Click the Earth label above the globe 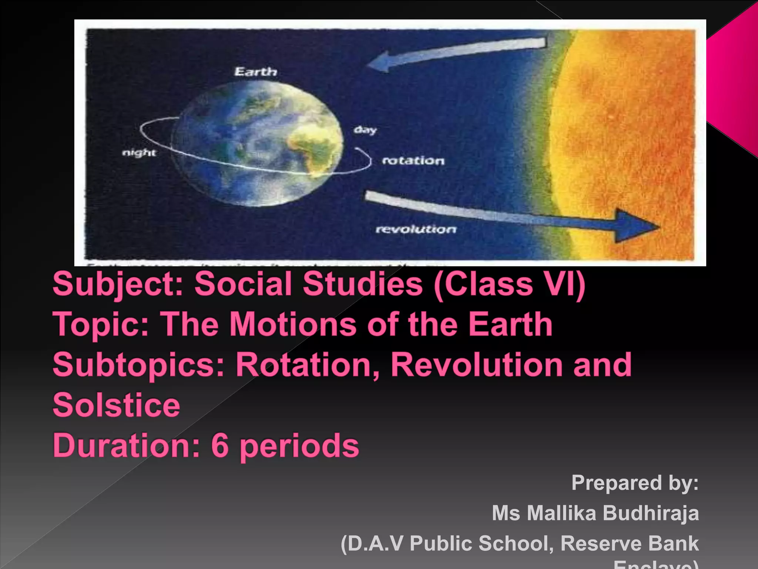pyautogui.click(x=256, y=71)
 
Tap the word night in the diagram pyautogui.click(x=139, y=153)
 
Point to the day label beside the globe pyautogui.click(x=365, y=130)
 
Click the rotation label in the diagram pyautogui.click(x=413, y=161)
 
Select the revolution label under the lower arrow pyautogui.click(x=416, y=229)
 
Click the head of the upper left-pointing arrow pyautogui.click(x=379, y=61)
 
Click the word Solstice pyautogui.click(x=117, y=405)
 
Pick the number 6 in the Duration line pyautogui.click(x=220, y=445)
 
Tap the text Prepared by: pyautogui.click(x=635, y=483)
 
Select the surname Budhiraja pyautogui.click(x=651, y=513)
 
